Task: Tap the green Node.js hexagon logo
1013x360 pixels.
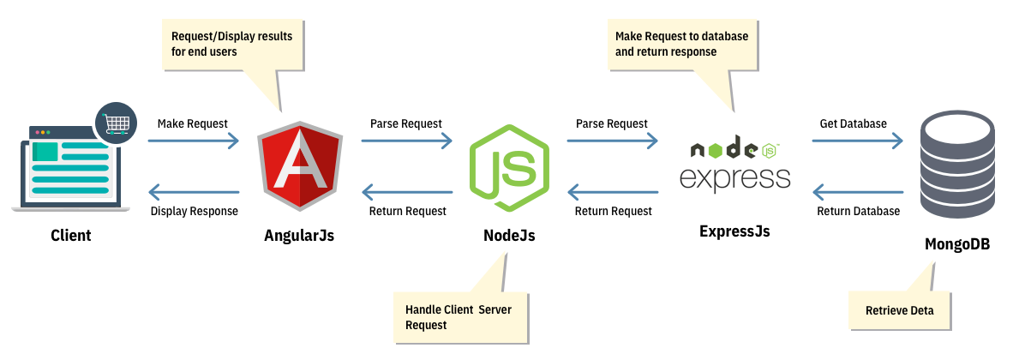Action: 509,168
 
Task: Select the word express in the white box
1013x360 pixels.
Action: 734,177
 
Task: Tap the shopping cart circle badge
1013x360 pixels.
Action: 116,123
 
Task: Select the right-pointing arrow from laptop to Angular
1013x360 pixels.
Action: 194,141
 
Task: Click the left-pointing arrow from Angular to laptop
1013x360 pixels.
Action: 194,193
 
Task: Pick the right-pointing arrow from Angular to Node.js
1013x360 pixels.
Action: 406,141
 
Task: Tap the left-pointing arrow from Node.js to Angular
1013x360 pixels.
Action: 406,193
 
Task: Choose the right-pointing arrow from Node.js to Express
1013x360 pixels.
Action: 612,141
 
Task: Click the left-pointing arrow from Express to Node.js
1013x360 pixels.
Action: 612,193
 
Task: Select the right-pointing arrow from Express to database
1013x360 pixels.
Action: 857,141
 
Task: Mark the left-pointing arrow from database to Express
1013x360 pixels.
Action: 857,193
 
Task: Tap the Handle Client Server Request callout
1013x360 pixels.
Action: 459,316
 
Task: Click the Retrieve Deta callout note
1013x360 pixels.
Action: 899,310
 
